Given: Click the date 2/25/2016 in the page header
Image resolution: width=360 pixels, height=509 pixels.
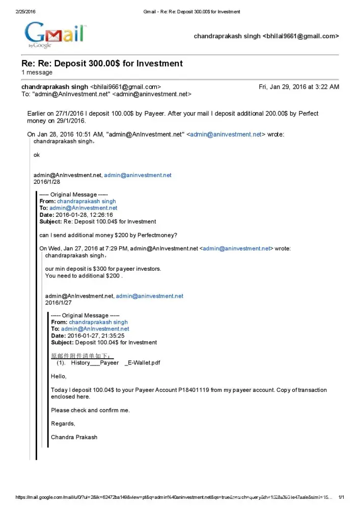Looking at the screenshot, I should pyautogui.click(x=26, y=11).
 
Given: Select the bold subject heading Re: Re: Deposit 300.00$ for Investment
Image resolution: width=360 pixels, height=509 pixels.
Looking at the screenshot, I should pyautogui.click(x=102, y=64).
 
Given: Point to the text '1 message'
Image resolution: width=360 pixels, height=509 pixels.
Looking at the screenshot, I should pyautogui.click(x=37, y=72).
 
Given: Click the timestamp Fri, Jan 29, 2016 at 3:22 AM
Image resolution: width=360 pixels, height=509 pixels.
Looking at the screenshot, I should pyautogui.click(x=299, y=87).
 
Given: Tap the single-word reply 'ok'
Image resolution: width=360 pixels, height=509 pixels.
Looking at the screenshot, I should pyautogui.click(x=37, y=155).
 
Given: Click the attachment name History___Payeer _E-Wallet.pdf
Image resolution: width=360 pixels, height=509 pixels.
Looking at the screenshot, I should pyautogui.click(x=113, y=363).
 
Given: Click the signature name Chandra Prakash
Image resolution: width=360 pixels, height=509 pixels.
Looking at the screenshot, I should pyautogui.click(x=74, y=437).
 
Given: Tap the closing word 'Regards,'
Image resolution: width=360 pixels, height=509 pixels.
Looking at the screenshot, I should pyautogui.click(x=63, y=423).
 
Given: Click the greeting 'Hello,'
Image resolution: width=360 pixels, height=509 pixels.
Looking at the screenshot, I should pyautogui.click(x=59, y=377).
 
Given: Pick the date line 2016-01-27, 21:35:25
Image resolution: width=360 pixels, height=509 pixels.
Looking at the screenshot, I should pyautogui.click(x=96, y=335).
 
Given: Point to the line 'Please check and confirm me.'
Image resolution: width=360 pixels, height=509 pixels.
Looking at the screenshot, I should pyautogui.click(x=91, y=410).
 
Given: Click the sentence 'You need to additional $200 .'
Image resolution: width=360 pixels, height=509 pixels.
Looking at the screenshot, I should pyautogui.click(x=84, y=276).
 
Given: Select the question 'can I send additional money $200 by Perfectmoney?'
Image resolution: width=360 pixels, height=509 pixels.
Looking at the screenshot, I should pyautogui.click(x=108, y=235).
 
